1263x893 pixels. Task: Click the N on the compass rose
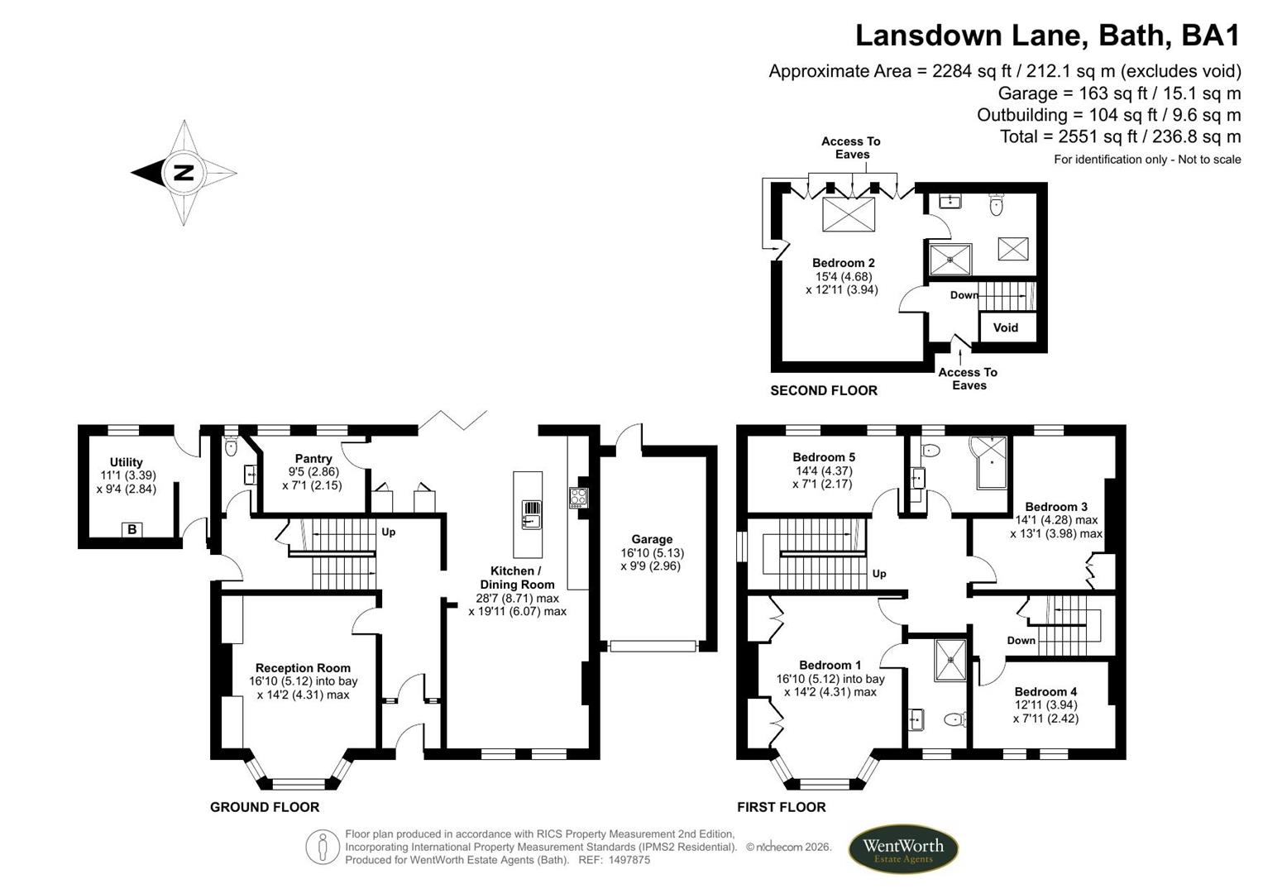[x=184, y=173]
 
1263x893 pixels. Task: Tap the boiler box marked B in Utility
[x=132, y=529]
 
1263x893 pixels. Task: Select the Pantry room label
[x=313, y=459]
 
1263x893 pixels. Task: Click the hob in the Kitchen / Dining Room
[x=578, y=498]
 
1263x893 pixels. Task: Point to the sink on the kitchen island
[x=531, y=514]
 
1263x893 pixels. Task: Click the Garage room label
[x=652, y=539]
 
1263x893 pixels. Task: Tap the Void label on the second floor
[x=1005, y=327]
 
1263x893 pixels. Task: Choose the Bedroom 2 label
[x=843, y=263]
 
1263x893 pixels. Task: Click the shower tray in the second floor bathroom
[x=950, y=260]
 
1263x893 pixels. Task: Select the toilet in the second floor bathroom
[x=997, y=204]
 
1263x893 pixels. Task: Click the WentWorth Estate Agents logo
[x=903, y=849]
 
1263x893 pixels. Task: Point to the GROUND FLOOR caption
[x=265, y=807]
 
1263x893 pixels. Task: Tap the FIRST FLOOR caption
[x=781, y=807]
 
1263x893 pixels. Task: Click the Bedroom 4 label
[x=1045, y=692]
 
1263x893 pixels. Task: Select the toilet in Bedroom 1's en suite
[x=955, y=719]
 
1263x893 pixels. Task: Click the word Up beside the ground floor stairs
[x=389, y=532]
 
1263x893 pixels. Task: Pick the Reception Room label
[x=303, y=668]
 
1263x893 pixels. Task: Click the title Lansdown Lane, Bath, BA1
[x=1048, y=36]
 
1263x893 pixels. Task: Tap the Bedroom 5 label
[x=824, y=457]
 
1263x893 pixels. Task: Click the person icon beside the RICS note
[x=322, y=848]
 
